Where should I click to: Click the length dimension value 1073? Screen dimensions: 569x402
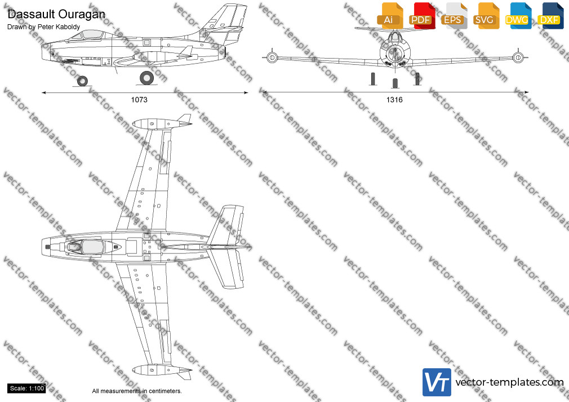click(139, 100)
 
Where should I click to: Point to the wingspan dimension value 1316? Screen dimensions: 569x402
click(394, 100)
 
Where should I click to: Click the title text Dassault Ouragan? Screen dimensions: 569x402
click(56, 15)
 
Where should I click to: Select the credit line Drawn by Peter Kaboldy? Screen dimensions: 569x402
click(43, 27)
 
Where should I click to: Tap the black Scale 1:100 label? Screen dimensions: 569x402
click(26, 388)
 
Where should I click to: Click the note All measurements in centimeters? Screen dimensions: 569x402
click(137, 391)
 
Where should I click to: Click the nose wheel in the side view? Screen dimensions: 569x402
click(82, 81)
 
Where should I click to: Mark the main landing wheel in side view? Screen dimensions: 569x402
click(146, 78)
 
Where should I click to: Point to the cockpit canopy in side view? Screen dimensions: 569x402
click(87, 34)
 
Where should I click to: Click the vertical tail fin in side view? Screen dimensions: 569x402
click(225, 22)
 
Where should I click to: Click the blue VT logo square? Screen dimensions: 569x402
click(437, 382)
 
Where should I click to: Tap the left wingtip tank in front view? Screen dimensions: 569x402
click(272, 57)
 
